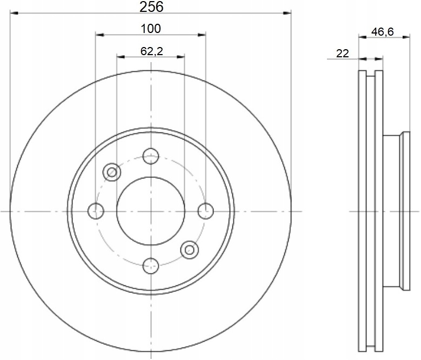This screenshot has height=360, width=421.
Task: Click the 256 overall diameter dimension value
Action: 151,6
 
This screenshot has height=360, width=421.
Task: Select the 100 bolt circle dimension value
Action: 151,29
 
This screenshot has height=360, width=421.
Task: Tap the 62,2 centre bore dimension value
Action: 152,51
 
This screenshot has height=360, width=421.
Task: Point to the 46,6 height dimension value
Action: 382,32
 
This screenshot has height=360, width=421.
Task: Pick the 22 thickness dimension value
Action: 342,54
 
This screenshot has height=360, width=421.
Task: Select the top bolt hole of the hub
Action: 151,156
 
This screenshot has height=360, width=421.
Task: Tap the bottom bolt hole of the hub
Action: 151,266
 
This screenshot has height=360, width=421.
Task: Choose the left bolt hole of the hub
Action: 96,211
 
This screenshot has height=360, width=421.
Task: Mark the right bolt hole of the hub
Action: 206,211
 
